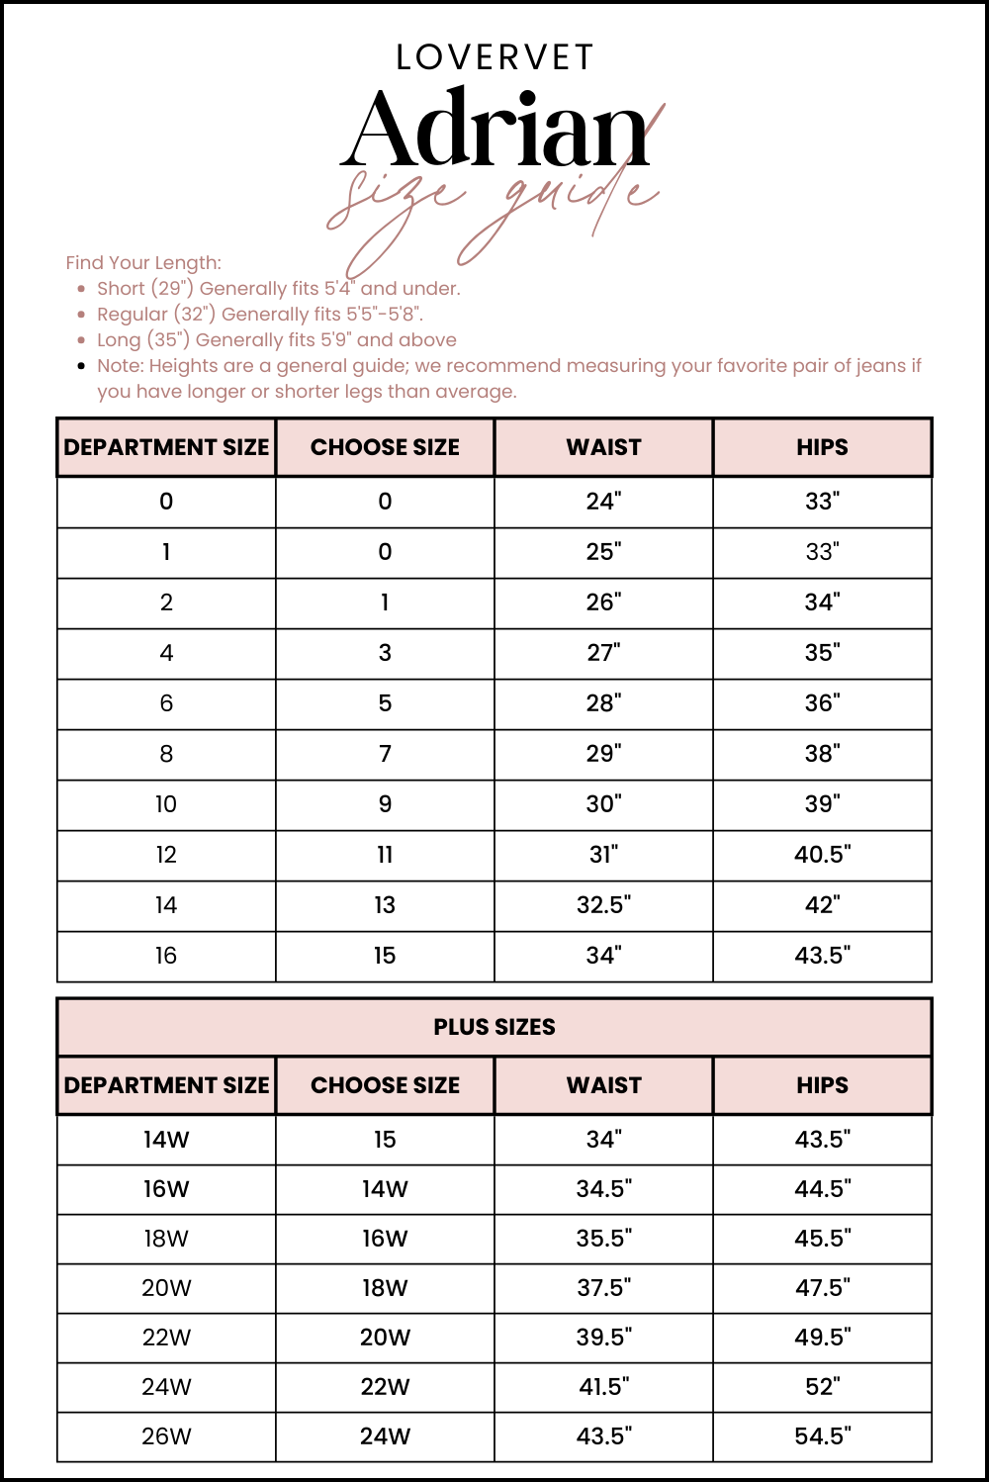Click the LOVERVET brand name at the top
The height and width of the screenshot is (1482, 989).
pos(494,57)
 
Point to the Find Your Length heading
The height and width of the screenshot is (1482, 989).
pos(143,262)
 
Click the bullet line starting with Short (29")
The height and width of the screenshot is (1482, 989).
pos(278,288)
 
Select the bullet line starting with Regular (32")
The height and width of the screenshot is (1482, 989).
pos(259,314)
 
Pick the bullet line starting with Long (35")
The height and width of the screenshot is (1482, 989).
pos(276,339)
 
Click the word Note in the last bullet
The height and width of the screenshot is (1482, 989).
pos(119,365)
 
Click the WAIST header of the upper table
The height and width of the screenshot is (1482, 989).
pos(603,447)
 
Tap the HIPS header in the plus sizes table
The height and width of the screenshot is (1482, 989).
pos(822,1085)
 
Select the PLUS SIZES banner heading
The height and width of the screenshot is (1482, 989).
pos(494,1027)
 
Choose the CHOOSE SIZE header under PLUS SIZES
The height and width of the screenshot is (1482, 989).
pos(385,1085)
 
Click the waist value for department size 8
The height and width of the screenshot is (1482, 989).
pos(603,754)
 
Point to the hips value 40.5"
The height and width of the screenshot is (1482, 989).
pos(822,855)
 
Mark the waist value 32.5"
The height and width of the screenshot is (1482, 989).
pos(603,905)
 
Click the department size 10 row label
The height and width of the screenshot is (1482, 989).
pos(166,804)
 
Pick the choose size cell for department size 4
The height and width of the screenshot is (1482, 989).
pos(385,653)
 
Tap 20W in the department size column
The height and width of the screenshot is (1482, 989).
pos(166,1288)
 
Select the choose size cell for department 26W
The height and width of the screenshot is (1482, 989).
pos(385,1436)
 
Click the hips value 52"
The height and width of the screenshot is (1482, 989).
pos(822,1387)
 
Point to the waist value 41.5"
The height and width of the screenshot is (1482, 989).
pos(603,1387)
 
